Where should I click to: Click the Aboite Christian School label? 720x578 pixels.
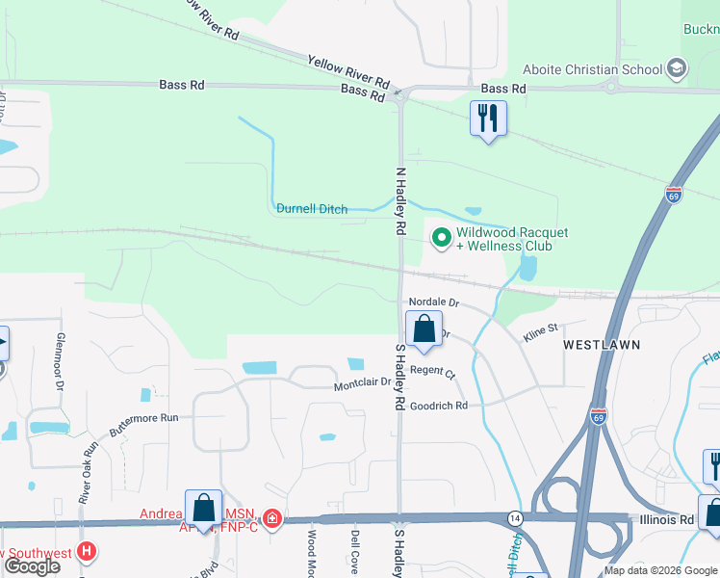point(592,69)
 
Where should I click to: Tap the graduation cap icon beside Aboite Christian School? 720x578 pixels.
point(677,68)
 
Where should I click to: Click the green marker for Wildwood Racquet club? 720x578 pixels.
point(442,237)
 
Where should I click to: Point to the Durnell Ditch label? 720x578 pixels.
point(312,208)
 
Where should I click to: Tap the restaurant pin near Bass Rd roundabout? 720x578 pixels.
point(488,119)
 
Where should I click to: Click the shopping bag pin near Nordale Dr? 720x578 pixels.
point(424,330)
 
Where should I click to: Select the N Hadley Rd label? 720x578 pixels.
point(400,201)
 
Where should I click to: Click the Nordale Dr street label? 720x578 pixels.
point(434,302)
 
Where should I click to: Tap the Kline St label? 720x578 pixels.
point(541,329)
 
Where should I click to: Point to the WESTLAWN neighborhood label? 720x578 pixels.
point(602,344)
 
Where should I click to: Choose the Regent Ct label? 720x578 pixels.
point(432,371)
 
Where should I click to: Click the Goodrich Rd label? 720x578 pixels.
point(439,407)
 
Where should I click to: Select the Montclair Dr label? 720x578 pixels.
point(363,384)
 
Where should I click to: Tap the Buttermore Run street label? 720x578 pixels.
point(144,425)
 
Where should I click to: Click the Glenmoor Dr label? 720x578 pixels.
point(60,362)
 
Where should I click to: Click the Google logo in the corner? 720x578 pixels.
point(34,566)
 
